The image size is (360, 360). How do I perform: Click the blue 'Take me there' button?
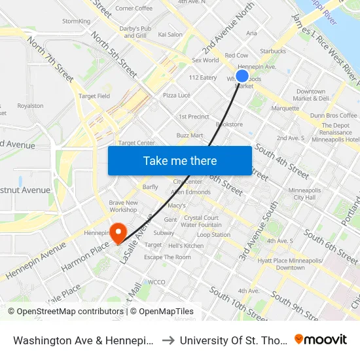click(180, 160)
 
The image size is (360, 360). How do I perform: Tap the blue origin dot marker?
click(242, 75)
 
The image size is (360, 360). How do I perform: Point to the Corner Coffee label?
click(134, 9)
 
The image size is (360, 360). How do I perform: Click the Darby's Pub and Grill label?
click(135, 32)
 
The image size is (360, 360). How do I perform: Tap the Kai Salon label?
click(170, 34)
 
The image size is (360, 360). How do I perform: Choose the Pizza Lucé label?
click(176, 95)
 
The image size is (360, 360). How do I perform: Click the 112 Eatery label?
click(202, 77)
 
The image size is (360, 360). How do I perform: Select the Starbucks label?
click(273, 50)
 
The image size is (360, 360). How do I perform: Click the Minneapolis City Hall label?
click(304, 194)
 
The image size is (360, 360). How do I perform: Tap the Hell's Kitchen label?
click(186, 245)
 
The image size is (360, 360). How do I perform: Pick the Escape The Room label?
click(168, 257)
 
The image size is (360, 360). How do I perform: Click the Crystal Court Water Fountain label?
click(201, 221)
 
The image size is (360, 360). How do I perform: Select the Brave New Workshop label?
click(123, 206)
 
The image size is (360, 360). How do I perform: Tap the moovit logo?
click(321, 339)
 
